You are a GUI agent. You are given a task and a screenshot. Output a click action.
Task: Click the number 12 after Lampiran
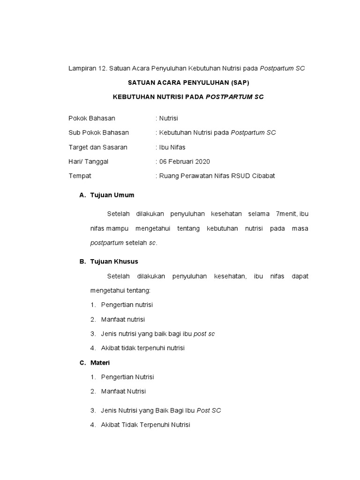tap(102, 68)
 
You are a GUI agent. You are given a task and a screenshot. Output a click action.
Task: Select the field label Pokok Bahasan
tap(92, 118)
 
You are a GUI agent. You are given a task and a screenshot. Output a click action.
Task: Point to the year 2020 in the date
tap(202, 162)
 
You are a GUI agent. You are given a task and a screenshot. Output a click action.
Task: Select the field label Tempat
tap(80, 176)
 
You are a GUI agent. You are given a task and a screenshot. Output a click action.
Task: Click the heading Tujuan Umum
tap(112, 195)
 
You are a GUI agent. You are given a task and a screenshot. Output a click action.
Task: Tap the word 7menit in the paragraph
tap(287, 214)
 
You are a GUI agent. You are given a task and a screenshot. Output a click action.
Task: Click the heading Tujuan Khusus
tap(114, 261)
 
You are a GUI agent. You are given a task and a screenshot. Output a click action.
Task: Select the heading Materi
tap(100, 362)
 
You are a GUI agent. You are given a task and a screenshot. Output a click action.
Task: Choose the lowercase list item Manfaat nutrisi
tap(123, 319)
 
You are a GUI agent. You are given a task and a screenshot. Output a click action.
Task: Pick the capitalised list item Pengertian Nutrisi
tap(127, 377)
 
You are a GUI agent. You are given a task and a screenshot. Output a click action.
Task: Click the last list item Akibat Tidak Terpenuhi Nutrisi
tap(145, 425)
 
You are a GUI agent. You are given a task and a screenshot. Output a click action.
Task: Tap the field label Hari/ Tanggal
tap(89, 162)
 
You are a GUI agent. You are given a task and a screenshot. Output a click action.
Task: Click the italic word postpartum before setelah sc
tap(107, 243)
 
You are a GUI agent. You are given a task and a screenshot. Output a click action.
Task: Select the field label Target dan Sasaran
tap(98, 147)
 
